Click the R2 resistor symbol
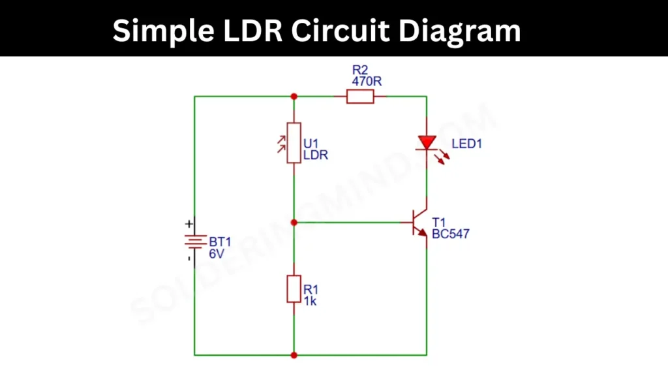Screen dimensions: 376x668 pyautogui.click(x=359, y=97)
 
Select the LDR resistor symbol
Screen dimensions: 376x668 pyautogui.click(x=294, y=142)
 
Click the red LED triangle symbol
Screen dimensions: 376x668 pyautogui.click(x=427, y=142)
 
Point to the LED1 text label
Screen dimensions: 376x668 pyautogui.click(x=466, y=144)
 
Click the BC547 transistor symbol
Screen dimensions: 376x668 pyautogui.click(x=419, y=223)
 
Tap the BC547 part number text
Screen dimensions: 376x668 pyautogui.click(x=450, y=233)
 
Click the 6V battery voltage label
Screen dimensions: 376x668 pyautogui.click(x=217, y=254)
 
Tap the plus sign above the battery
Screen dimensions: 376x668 pyautogui.click(x=189, y=223)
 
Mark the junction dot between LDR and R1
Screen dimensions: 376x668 pyautogui.click(x=294, y=223)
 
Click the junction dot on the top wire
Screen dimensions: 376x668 pyautogui.click(x=294, y=97)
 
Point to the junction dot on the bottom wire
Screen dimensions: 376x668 pyautogui.click(x=294, y=355)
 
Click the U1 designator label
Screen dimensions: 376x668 pyautogui.click(x=311, y=144)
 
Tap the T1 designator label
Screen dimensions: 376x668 pyautogui.click(x=438, y=221)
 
